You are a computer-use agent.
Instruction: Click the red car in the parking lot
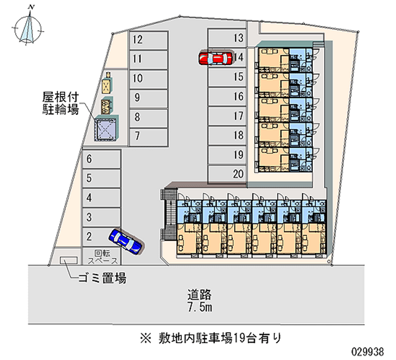[215, 58]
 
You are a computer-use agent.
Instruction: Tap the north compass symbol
[30, 27]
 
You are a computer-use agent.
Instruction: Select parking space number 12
[148, 40]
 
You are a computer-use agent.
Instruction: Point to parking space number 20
[226, 174]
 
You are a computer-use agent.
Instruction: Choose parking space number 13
[226, 38]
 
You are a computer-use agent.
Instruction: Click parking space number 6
[101, 159]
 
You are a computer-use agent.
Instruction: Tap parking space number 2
[101, 236]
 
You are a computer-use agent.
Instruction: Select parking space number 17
[226, 116]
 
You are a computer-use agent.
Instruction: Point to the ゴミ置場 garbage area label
[101, 279]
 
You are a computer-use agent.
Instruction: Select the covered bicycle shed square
[106, 129]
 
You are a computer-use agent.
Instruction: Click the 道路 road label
[199, 295]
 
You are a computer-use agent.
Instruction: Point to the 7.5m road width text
[199, 308]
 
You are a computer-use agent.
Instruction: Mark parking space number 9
[148, 97]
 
